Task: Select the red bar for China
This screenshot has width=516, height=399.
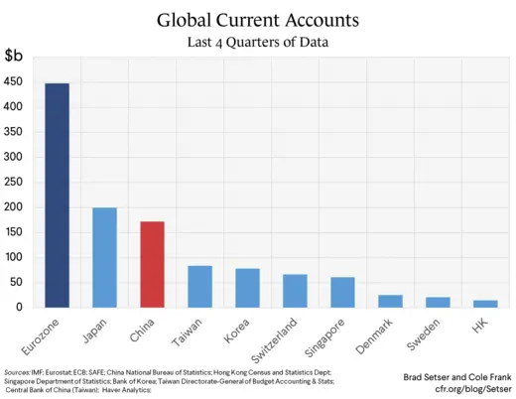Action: tap(152, 264)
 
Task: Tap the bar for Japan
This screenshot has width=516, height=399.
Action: tap(104, 257)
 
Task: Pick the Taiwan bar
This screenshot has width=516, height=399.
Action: tap(199, 287)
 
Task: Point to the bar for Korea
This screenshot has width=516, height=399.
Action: tap(247, 288)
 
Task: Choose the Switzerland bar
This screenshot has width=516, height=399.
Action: tap(295, 291)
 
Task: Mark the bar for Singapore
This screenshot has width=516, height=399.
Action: tap(342, 292)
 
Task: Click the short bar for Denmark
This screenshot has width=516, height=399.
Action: tap(390, 301)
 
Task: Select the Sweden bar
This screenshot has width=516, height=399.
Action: tap(438, 302)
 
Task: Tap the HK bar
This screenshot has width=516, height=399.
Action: tap(485, 304)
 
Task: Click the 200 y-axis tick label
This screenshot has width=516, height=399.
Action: tap(17, 207)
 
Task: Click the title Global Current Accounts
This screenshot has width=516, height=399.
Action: tap(258, 20)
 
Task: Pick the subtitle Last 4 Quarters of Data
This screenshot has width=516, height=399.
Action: tap(258, 43)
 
